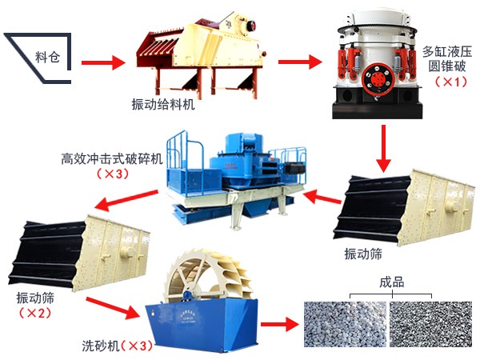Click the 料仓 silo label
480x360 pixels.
[47, 57]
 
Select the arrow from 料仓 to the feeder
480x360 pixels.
[103, 62]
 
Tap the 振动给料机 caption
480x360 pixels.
[163, 104]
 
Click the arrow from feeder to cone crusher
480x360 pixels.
[300, 62]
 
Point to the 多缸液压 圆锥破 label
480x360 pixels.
[447, 58]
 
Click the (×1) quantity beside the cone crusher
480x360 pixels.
[451, 82]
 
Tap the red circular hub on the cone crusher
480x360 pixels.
[378, 79]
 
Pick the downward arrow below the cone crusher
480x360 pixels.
[383, 149]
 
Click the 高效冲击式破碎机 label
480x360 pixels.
[112, 159]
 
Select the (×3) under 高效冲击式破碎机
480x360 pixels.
[112, 174]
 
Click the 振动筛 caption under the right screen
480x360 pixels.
[363, 254]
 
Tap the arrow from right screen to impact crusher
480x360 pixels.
[322, 197]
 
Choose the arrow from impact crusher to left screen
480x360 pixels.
[126, 200]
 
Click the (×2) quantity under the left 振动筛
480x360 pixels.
[35, 313]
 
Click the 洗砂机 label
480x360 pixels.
[101, 346]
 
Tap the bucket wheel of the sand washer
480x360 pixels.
[206, 274]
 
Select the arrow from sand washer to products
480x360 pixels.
[279, 325]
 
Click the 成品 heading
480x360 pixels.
[391, 282]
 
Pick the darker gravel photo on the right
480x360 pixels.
[430, 324]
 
